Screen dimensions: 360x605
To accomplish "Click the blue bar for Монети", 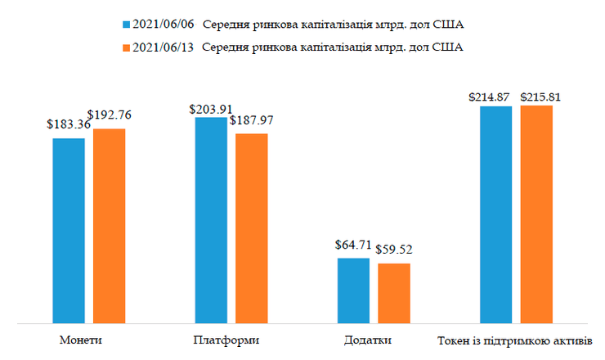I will pos(69,230).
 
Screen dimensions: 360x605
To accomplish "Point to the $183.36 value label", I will pos(68,127).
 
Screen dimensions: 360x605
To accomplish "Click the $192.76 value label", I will pos(109,116).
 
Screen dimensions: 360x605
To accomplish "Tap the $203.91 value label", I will pos(210,107).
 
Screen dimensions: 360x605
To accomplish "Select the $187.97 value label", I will pos(252,120).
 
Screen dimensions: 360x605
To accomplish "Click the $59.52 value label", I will pos(393,250).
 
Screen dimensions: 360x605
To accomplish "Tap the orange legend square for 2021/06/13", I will pos(125,47).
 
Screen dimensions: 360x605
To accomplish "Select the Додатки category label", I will pos(373,340).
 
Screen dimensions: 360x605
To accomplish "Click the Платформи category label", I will pos(231,340).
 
